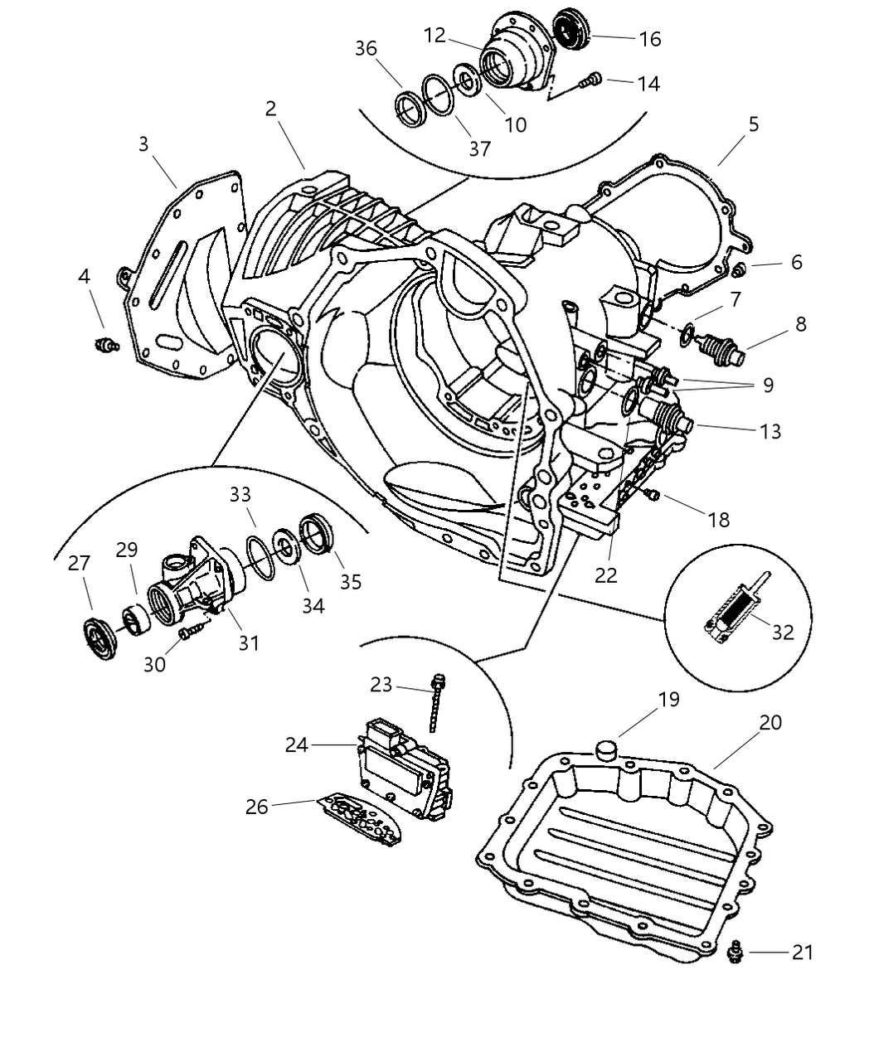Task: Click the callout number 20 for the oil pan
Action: tap(770, 723)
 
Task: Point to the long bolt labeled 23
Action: tap(437, 704)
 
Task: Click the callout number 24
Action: tap(296, 745)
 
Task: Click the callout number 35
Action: tap(351, 581)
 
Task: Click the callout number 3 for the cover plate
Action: tap(143, 143)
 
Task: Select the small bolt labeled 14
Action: tap(590, 80)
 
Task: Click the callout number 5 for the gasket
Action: tap(753, 124)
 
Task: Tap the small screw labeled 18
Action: tap(651, 495)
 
